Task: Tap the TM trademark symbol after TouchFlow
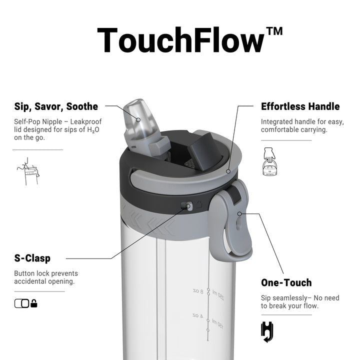[274, 31]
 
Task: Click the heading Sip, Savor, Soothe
[56, 107]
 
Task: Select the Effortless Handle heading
[300, 106]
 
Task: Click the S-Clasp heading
[32, 258]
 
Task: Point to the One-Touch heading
[286, 282]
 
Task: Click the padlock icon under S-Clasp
[34, 303]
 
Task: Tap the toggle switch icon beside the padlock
[22, 303]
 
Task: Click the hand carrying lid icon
[269, 161]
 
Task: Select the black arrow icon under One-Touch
[267, 332]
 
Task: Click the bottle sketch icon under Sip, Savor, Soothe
[28, 171]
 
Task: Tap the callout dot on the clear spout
[138, 120]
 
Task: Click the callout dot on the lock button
[188, 206]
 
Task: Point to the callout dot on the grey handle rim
[228, 171]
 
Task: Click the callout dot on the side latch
[239, 214]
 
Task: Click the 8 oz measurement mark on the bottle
[198, 291]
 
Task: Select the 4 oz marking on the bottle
[198, 315]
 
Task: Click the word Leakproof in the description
[86, 121]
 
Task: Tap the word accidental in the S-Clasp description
[29, 281]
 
